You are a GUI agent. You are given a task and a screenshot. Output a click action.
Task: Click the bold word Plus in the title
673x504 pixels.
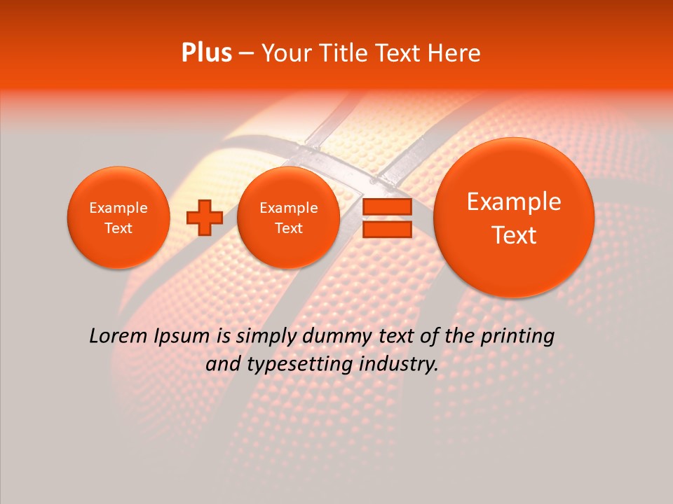tap(206, 53)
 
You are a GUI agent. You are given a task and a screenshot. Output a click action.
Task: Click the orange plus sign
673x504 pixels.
tap(204, 217)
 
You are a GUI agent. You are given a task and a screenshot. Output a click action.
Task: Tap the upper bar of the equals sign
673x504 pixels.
tap(387, 207)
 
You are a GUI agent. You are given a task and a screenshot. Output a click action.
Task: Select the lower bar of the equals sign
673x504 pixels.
tap(387, 230)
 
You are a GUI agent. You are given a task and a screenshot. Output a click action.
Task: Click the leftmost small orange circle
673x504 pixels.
tap(118, 218)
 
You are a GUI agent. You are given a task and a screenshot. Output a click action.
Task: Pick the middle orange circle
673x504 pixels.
tap(288, 218)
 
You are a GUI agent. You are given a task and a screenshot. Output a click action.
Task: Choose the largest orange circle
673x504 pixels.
tap(514, 218)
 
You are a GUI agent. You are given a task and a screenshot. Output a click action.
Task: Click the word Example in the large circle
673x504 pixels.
tap(514, 202)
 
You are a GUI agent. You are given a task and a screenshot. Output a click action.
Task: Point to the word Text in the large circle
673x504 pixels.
tap(514, 235)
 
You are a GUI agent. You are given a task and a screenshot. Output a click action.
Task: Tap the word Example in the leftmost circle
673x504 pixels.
tap(118, 208)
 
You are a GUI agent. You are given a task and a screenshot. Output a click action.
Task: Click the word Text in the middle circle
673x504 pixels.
tap(288, 228)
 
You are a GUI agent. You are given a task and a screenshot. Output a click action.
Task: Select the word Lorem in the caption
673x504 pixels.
tap(115, 336)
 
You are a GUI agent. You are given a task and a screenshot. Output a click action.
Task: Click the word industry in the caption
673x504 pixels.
tap(400, 365)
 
